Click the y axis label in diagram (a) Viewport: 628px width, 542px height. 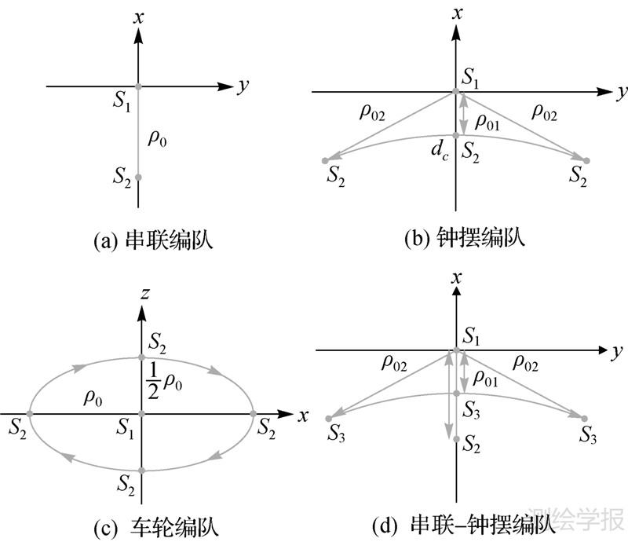[x=243, y=86]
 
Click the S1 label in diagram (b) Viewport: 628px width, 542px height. [x=472, y=78]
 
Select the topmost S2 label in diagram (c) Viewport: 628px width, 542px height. [x=159, y=343]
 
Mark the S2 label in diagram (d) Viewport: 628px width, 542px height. [x=473, y=446]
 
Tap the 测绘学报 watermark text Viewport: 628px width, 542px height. [x=578, y=518]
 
